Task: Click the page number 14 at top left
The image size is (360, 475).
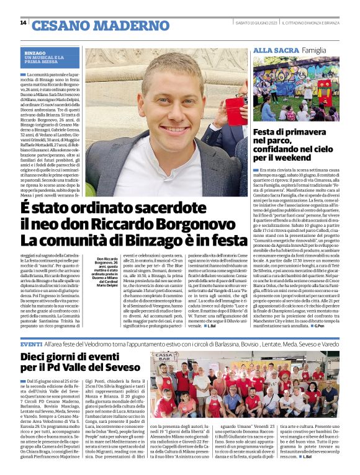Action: [x=23, y=23]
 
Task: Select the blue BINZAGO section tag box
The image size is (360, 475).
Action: [x=50, y=57]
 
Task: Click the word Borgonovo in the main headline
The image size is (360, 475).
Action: [x=174, y=223]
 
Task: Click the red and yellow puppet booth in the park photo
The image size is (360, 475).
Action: [x=323, y=94]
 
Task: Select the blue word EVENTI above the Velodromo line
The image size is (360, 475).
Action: [x=31, y=343]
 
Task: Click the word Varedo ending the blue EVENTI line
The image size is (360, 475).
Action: [x=330, y=344]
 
